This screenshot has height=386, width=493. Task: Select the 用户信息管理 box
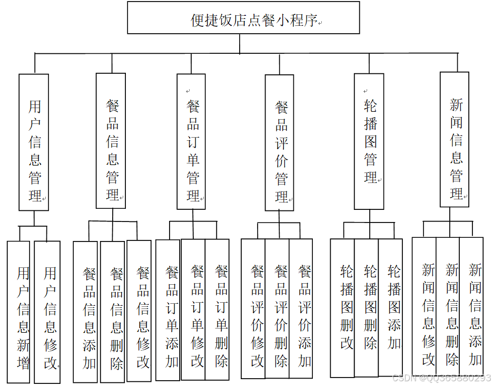click(34, 142)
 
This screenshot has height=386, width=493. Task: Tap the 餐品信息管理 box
click(111, 141)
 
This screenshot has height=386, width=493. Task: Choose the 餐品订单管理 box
click(192, 142)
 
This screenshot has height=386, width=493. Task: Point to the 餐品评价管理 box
click(280, 143)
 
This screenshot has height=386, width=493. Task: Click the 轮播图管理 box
click(369, 142)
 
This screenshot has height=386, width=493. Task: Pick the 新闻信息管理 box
click(455, 139)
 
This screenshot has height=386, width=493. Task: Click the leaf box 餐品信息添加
click(86, 312)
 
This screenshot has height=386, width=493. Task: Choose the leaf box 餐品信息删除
click(113, 312)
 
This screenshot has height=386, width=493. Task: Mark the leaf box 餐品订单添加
click(169, 310)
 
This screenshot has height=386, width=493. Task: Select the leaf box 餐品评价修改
click(253, 308)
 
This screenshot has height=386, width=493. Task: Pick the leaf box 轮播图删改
click(343, 308)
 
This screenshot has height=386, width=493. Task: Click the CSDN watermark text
click(441, 378)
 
